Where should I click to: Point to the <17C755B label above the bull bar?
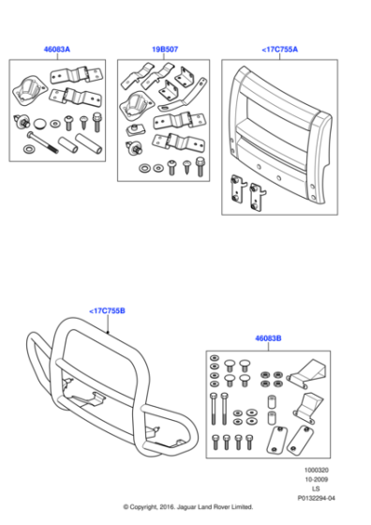pyautogui.click(x=109, y=310)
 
